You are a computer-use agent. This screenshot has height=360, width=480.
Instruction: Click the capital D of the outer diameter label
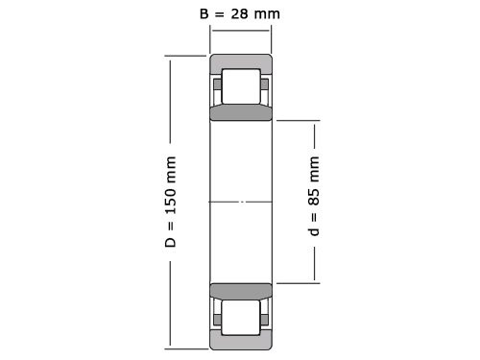(x=171, y=240)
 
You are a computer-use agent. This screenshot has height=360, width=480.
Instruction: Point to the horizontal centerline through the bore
(x=241, y=202)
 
